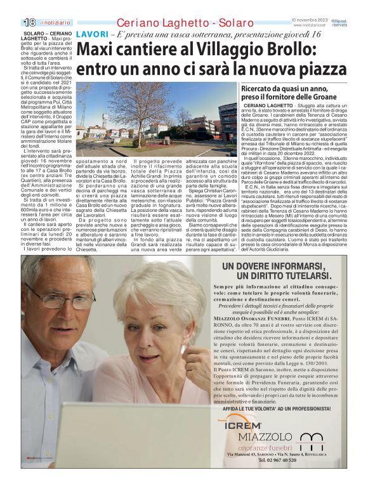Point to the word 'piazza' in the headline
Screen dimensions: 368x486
322,69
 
